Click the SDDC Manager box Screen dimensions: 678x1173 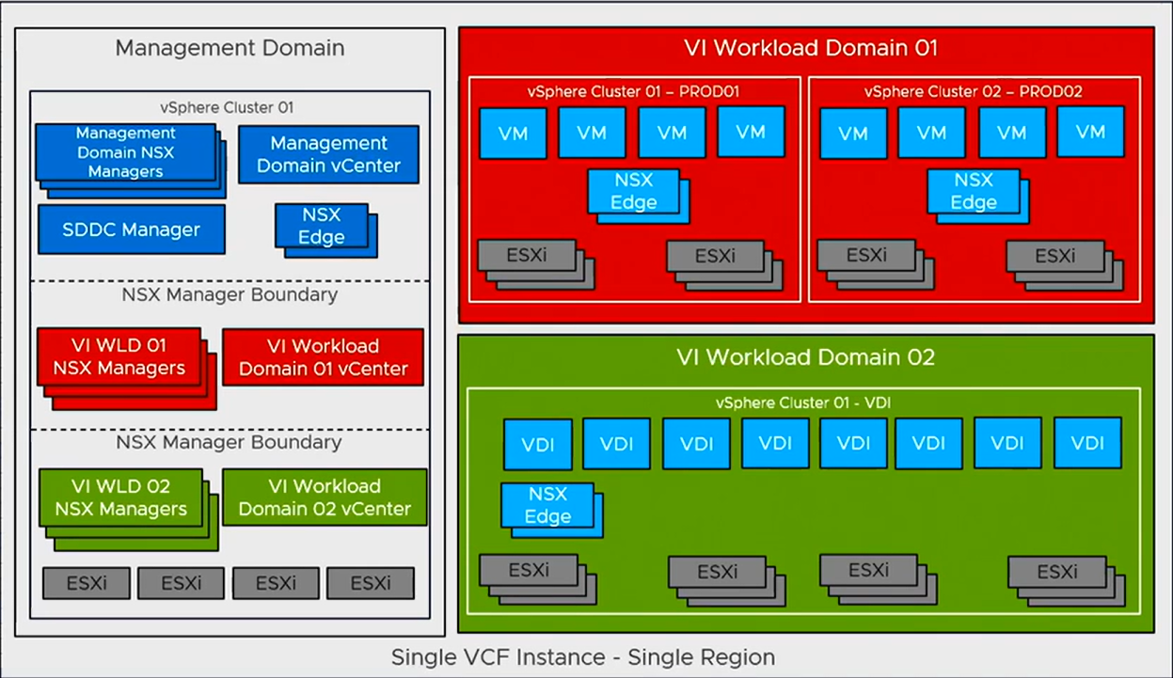click(131, 229)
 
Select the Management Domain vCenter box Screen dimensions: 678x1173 click(328, 154)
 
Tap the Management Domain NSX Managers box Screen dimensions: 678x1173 click(125, 152)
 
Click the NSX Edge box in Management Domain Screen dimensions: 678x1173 click(321, 226)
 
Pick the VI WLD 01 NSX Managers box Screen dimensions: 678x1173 click(119, 357)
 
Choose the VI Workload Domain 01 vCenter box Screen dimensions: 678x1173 click(323, 357)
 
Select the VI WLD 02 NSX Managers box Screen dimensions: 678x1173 click(120, 498)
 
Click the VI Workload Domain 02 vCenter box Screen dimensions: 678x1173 click(325, 497)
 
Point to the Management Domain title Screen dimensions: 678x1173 click(230, 47)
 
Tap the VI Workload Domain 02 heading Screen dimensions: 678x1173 click(805, 357)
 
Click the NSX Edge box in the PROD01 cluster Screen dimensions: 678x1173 click(633, 191)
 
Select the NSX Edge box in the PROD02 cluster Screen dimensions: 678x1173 click(973, 191)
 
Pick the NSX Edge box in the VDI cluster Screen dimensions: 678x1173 click(547, 505)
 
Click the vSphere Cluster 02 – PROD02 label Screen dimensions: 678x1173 click(974, 92)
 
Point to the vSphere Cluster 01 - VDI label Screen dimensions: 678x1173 click(803, 402)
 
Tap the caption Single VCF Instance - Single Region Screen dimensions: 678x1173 click(583, 656)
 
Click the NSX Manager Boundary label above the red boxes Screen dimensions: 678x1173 click(230, 294)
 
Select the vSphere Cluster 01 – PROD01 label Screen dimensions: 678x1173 click(634, 92)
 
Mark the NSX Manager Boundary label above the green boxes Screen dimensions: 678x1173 click(230, 442)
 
